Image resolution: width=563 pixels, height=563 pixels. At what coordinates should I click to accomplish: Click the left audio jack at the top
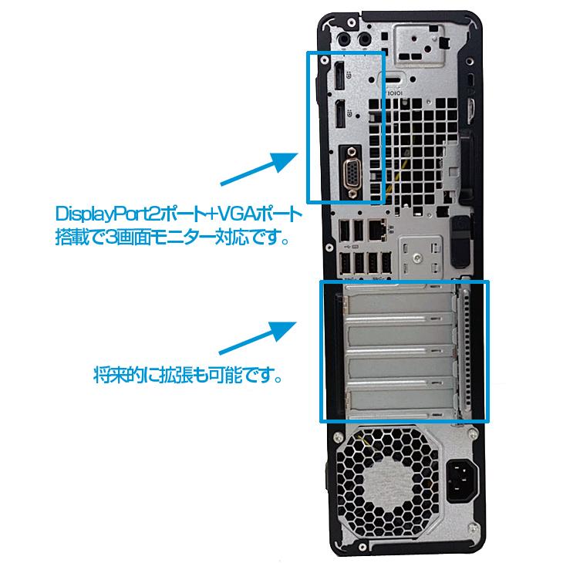345,37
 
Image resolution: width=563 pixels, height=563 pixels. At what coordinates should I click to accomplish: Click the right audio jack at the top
362,37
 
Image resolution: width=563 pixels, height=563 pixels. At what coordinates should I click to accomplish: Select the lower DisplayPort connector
339,117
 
